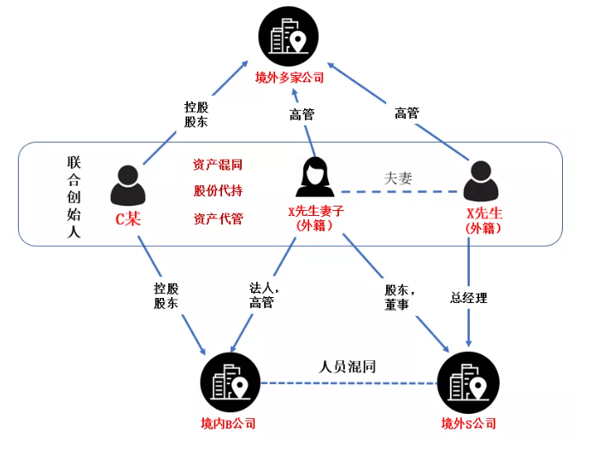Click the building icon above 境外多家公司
290,36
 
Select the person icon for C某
128,184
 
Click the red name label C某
128,219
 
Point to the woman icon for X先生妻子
314,177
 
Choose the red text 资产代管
218,219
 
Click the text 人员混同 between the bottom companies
348,367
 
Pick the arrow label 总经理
469,298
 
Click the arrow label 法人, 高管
260,295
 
